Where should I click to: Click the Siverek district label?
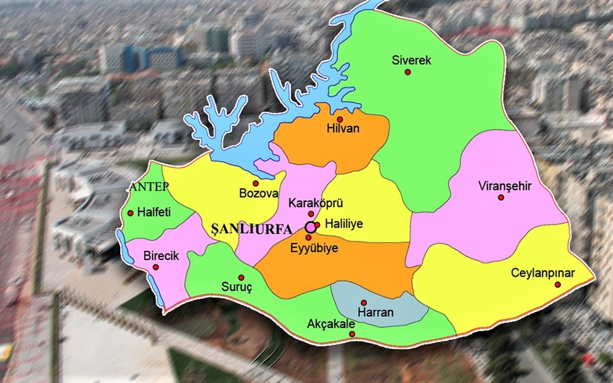(x=411, y=60)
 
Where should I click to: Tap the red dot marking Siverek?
(x=408, y=72)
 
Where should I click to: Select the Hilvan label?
(x=343, y=128)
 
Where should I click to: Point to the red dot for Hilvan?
(x=340, y=119)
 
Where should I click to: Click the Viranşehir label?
(x=505, y=186)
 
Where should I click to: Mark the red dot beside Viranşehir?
(x=501, y=197)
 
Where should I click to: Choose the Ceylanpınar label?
(x=543, y=273)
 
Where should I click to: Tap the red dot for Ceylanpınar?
(x=558, y=284)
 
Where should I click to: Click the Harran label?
(x=375, y=312)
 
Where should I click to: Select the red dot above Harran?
(x=364, y=303)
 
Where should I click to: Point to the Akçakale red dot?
(x=352, y=334)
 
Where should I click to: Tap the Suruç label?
(x=237, y=287)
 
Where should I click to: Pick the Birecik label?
(x=161, y=256)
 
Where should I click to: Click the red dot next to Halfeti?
(x=130, y=213)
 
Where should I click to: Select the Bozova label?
(x=259, y=193)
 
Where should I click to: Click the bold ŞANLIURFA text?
(x=252, y=229)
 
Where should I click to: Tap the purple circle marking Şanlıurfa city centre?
(x=311, y=227)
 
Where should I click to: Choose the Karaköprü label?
(x=316, y=203)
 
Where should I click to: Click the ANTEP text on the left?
(x=149, y=186)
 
